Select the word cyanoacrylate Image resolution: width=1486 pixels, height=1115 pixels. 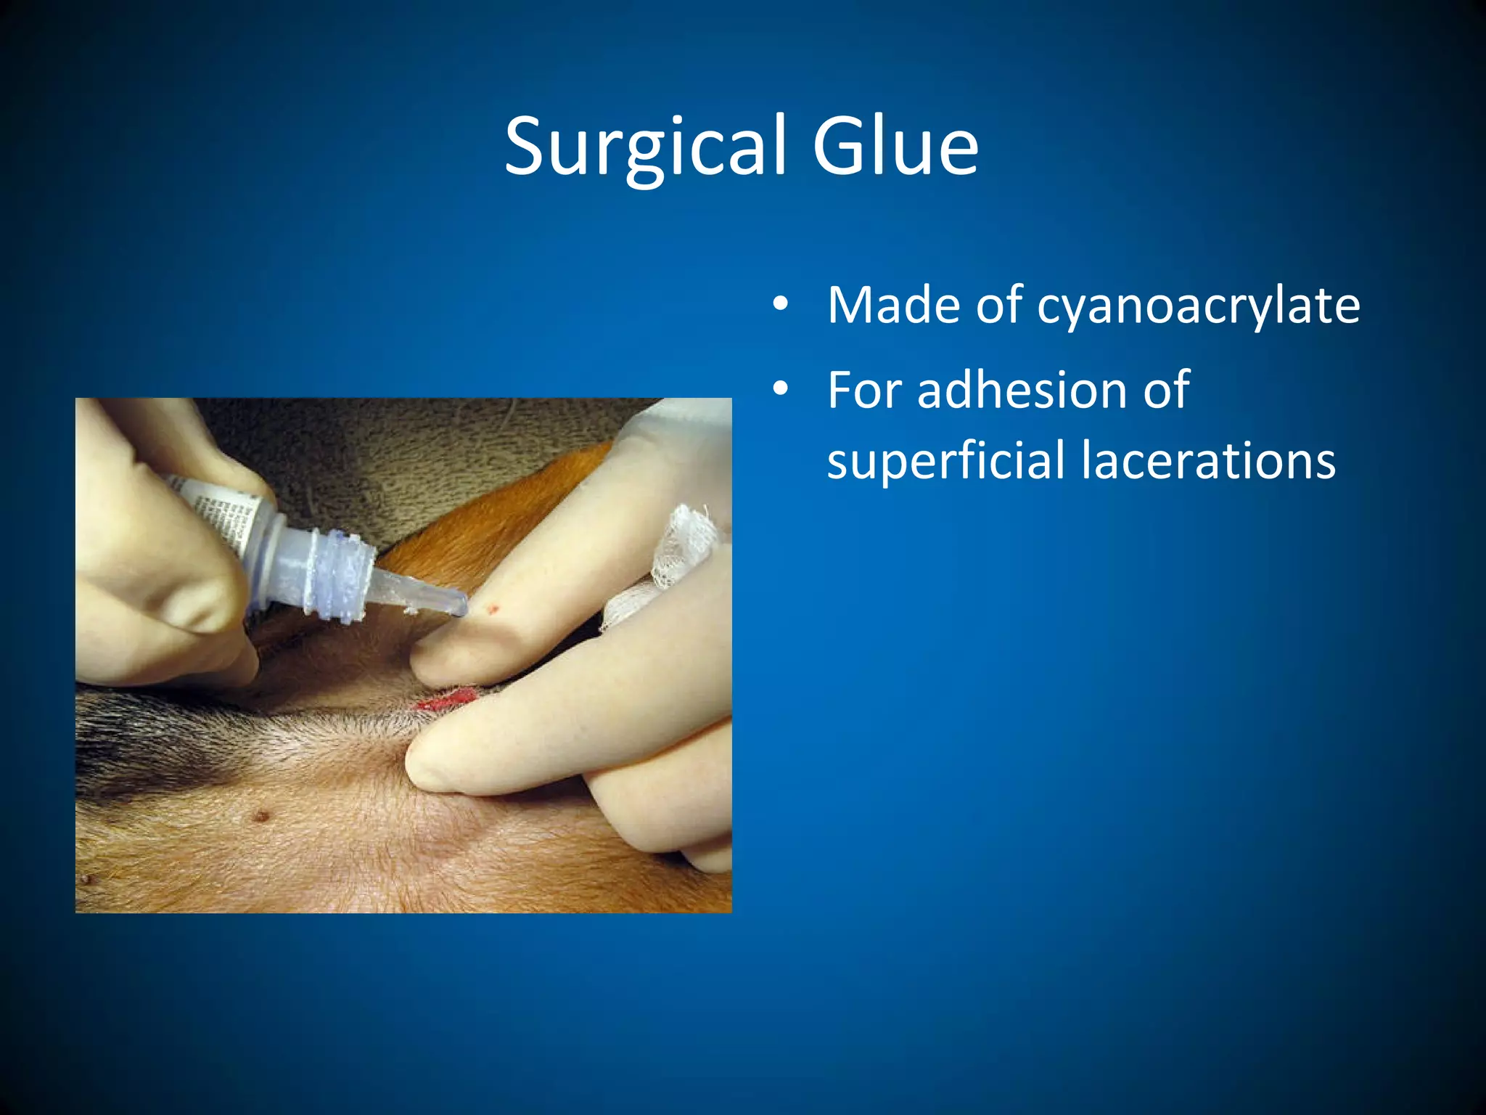coord(1198,306)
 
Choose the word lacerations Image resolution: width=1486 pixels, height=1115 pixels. coord(1208,461)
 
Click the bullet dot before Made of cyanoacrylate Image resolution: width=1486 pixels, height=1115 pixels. coord(780,305)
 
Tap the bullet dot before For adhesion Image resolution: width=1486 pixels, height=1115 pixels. coord(780,390)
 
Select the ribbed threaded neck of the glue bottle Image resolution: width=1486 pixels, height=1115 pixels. coord(338,573)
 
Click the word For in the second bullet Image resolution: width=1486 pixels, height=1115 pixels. coord(863,390)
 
